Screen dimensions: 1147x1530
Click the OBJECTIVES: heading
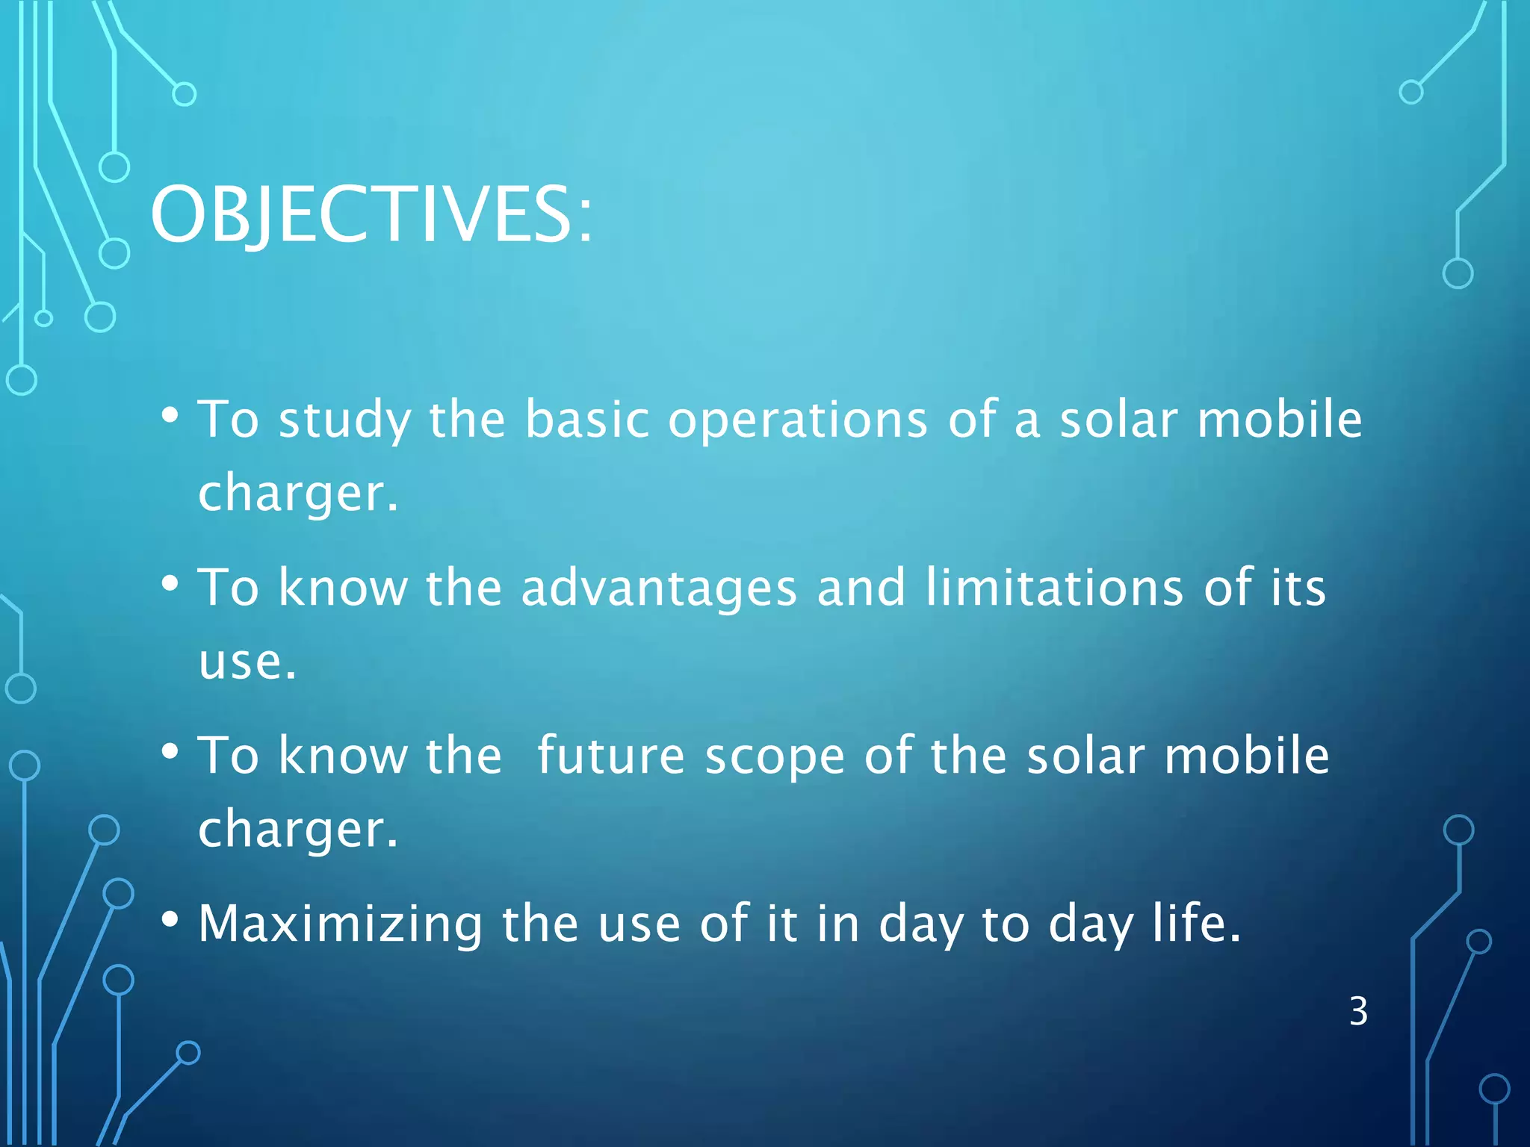click(371, 214)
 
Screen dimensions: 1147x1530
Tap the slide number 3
click(1358, 1012)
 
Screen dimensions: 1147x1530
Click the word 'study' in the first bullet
click(344, 420)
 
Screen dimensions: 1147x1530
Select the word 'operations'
click(798, 420)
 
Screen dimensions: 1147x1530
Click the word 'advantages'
click(659, 588)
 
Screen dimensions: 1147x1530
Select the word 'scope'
click(775, 757)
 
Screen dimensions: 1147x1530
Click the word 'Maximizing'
click(341, 924)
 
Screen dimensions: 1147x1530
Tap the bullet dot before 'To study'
click(170, 414)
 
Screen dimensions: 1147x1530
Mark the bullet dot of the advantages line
click(170, 583)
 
